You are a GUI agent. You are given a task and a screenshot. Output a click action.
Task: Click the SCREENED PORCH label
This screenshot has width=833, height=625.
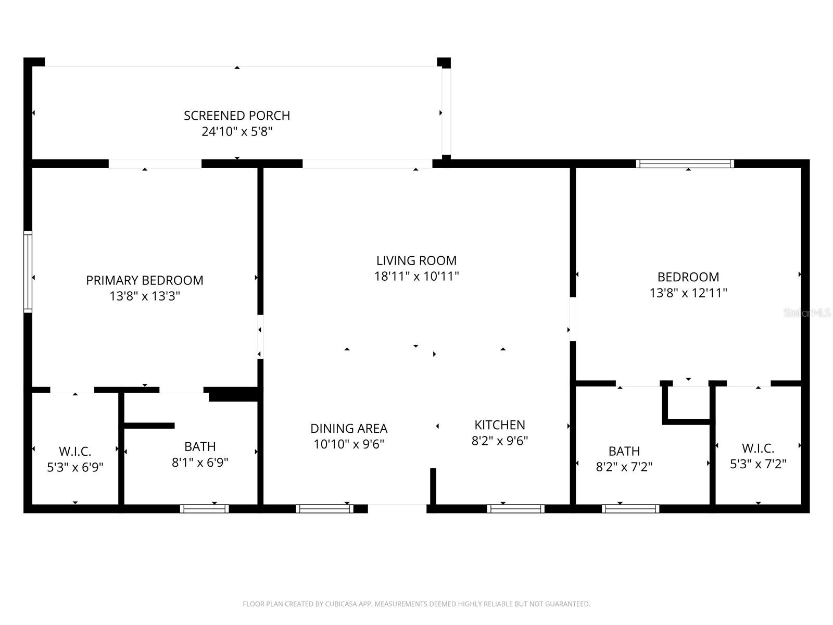click(x=237, y=115)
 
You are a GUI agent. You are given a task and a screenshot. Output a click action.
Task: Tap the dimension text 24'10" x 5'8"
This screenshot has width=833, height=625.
click(x=237, y=131)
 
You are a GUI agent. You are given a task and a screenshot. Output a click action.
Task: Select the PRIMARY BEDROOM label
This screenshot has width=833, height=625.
click(x=145, y=280)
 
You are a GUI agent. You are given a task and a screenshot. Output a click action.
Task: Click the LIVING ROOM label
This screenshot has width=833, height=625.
click(x=416, y=260)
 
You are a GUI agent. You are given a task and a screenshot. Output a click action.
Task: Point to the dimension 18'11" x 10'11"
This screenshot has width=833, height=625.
click(x=416, y=276)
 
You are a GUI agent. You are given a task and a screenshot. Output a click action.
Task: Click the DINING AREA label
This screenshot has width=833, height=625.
click(x=349, y=428)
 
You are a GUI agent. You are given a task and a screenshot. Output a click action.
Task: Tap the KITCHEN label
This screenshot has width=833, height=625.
click(x=500, y=424)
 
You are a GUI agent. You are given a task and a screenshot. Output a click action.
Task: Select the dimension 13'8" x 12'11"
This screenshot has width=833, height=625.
click(x=688, y=293)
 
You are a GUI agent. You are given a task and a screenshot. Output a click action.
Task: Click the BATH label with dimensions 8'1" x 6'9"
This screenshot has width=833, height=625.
click(x=200, y=446)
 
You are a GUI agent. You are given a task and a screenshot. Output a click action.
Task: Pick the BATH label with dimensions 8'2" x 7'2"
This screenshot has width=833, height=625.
click(x=624, y=451)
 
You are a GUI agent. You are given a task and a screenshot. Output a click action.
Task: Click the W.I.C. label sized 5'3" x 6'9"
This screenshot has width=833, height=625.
click(x=75, y=451)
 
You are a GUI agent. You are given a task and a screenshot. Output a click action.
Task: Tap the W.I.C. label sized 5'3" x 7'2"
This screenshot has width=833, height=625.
click(x=758, y=448)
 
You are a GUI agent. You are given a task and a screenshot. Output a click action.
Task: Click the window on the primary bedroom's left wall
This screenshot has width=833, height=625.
click(x=28, y=272)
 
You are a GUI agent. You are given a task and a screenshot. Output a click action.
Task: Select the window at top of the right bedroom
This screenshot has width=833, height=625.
click(x=685, y=164)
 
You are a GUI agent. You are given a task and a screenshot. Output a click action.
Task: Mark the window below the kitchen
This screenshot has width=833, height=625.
click(x=516, y=509)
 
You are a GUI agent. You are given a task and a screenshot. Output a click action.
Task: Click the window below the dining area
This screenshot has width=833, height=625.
click(x=324, y=509)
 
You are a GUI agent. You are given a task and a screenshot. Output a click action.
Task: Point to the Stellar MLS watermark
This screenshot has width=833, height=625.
click(x=807, y=313)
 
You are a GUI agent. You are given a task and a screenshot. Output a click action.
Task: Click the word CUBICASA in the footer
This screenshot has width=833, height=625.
click(x=341, y=604)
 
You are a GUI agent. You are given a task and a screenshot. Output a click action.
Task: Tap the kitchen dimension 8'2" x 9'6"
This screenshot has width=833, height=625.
click(x=500, y=441)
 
